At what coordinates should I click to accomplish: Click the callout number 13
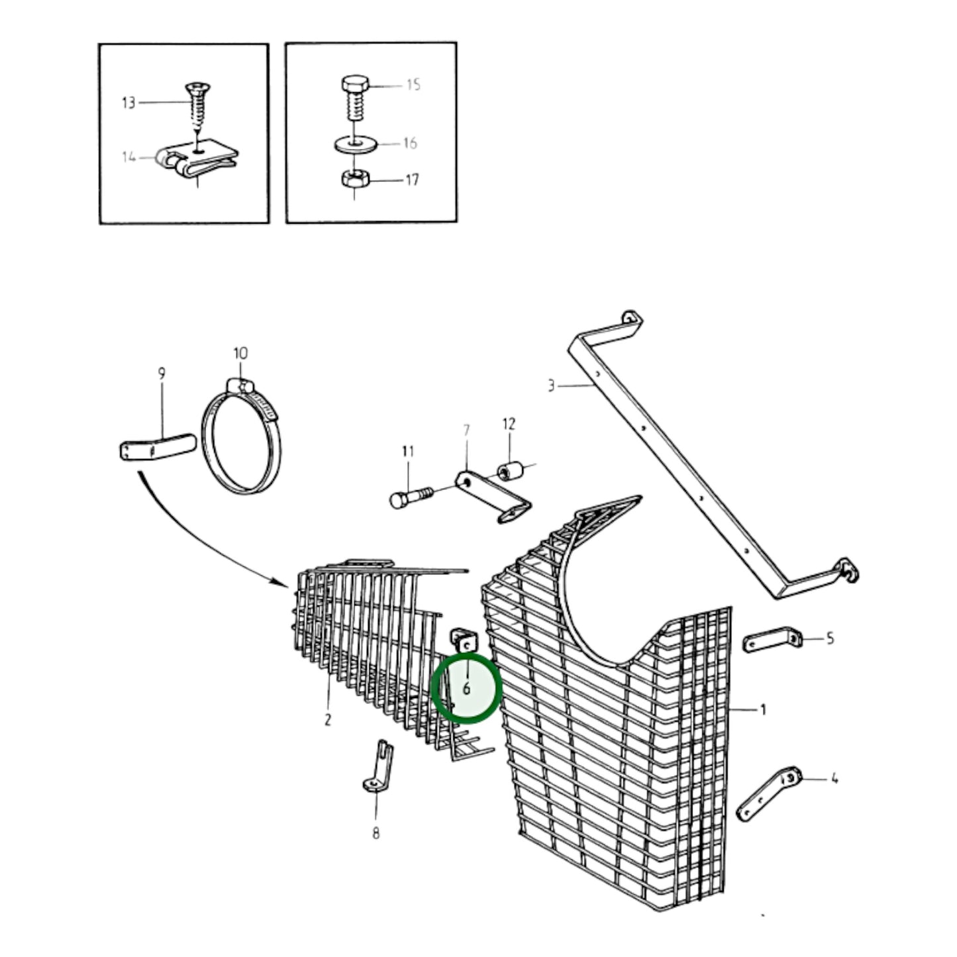coord(128,103)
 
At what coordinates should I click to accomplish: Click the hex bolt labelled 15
coord(354,98)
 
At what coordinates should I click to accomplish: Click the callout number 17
coord(412,179)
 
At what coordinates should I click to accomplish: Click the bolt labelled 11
coord(412,497)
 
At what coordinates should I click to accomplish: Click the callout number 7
coord(466,430)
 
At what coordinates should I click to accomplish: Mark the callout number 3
coord(551,385)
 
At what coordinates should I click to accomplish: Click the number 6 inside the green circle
coord(466,689)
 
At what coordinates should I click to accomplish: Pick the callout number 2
coord(327,719)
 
